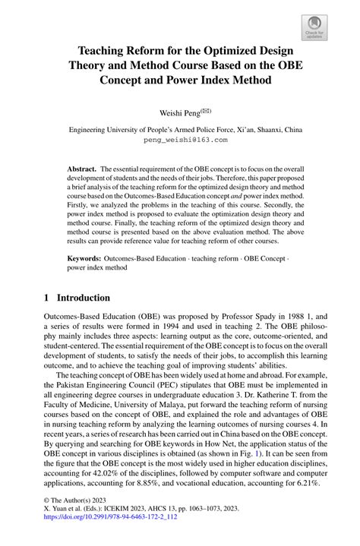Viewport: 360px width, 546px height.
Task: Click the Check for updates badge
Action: point(314,28)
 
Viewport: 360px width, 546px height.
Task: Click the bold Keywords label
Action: point(86,259)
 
